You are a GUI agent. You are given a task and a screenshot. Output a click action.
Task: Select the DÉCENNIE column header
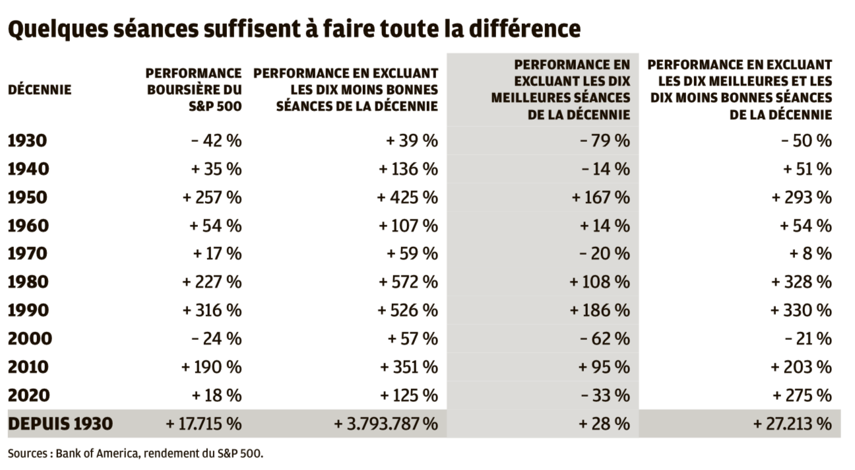pos(40,90)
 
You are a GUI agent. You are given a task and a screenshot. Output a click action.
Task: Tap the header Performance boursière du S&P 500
pos(193,89)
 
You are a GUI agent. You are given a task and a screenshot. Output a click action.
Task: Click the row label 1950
pos(28,197)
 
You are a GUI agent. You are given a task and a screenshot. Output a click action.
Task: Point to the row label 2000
pos(29,339)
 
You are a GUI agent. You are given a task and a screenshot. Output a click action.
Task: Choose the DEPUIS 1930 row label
pos(60,424)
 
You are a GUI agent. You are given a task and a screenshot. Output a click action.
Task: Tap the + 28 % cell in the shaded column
pos(604,424)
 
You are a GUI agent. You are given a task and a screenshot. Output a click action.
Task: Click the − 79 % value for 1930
pos(606,141)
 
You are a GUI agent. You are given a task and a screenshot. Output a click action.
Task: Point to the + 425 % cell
pos(408,197)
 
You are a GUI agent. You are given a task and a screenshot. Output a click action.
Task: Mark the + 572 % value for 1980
pos(408,283)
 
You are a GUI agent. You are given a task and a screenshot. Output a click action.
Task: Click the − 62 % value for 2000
pos(606,339)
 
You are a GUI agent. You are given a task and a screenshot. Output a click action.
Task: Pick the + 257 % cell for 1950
pos(212,197)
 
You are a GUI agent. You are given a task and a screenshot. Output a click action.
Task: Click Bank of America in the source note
pos(92,454)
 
